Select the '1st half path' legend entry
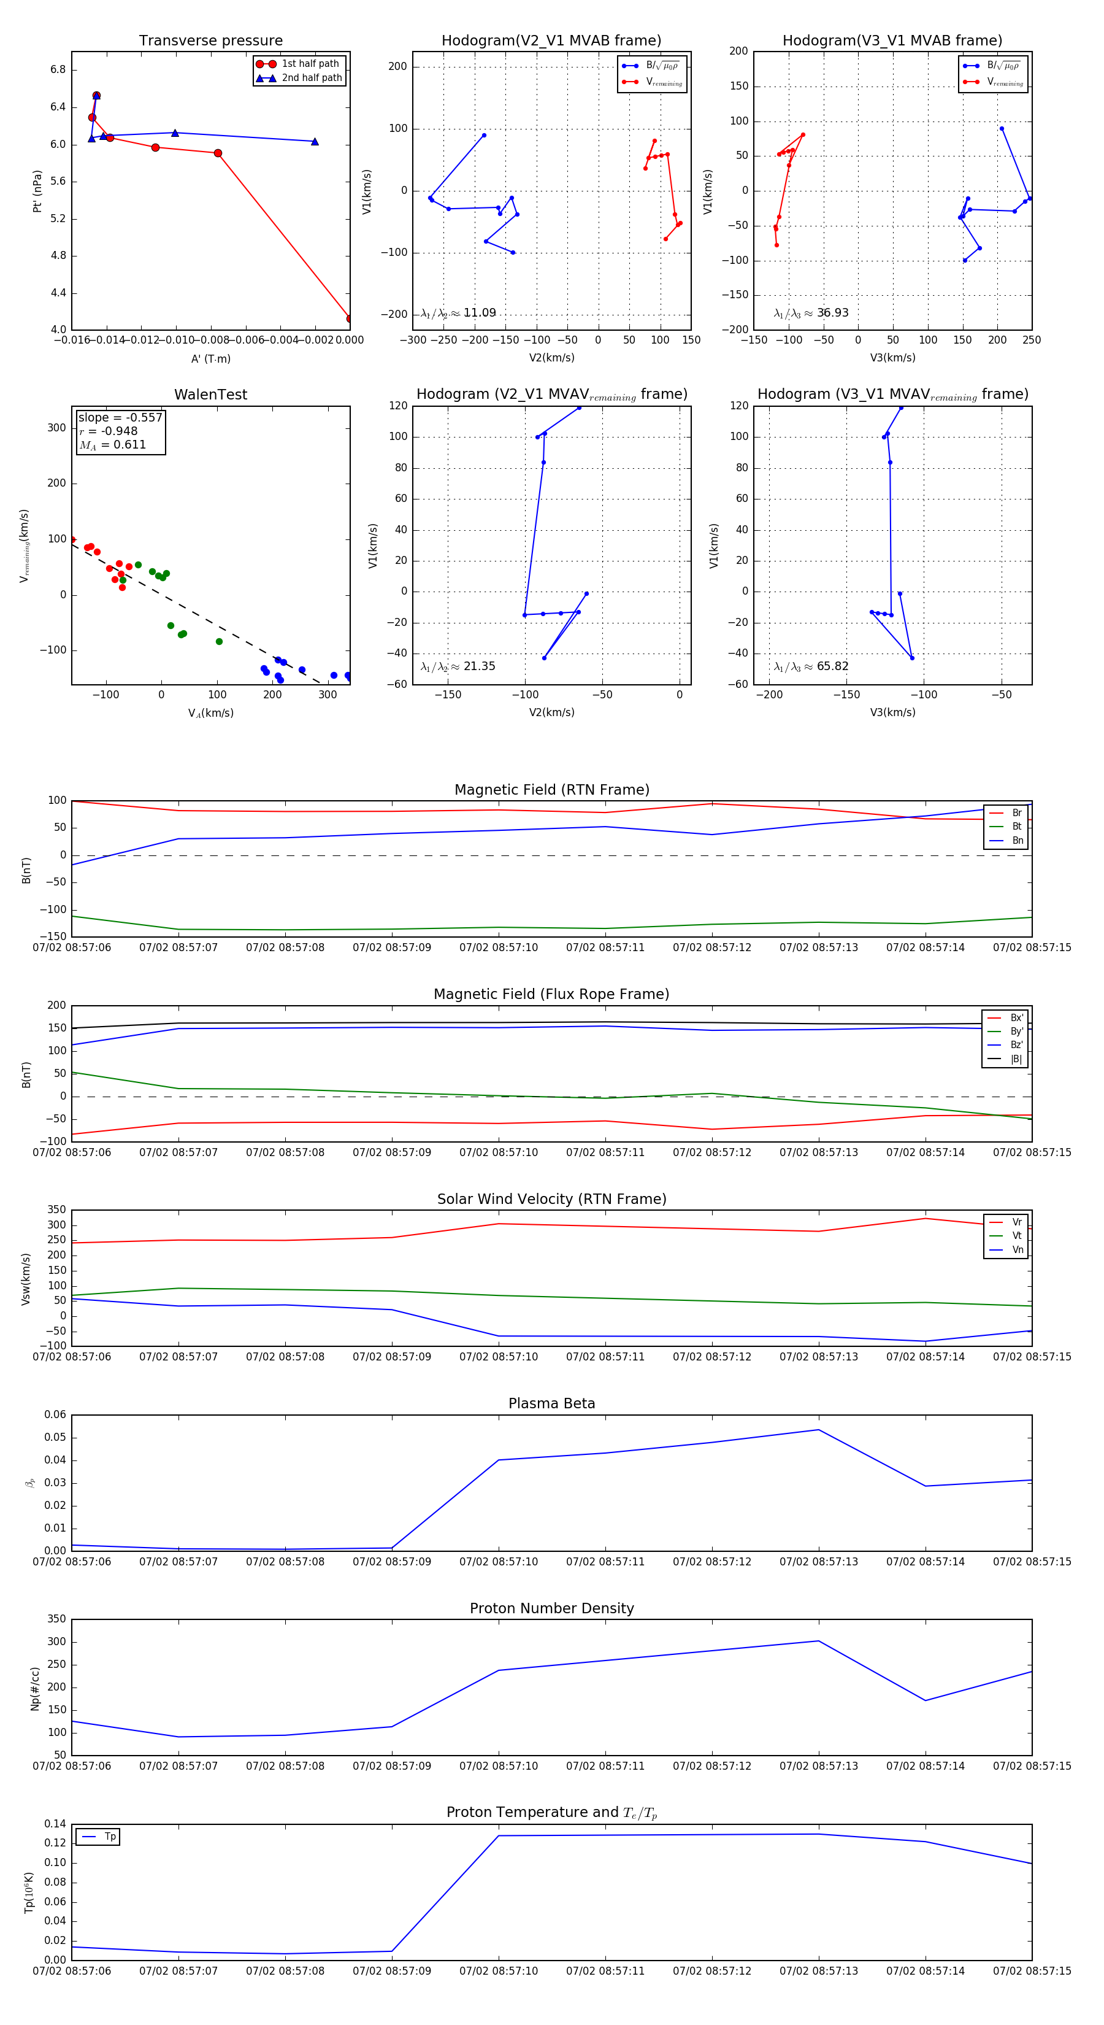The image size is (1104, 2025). (310, 64)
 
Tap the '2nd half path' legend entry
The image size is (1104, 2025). (311, 78)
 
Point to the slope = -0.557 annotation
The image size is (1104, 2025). (120, 417)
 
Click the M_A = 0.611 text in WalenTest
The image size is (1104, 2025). (113, 445)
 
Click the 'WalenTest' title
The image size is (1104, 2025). (210, 395)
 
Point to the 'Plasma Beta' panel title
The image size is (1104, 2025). (551, 1403)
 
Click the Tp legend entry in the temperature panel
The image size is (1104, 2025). (109, 1837)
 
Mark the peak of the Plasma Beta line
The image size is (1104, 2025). (819, 1429)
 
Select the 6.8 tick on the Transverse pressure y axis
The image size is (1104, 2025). (58, 69)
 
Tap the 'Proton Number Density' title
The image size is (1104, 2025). (551, 1608)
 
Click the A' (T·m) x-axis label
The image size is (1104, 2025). (210, 358)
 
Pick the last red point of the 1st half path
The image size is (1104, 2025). (349, 318)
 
